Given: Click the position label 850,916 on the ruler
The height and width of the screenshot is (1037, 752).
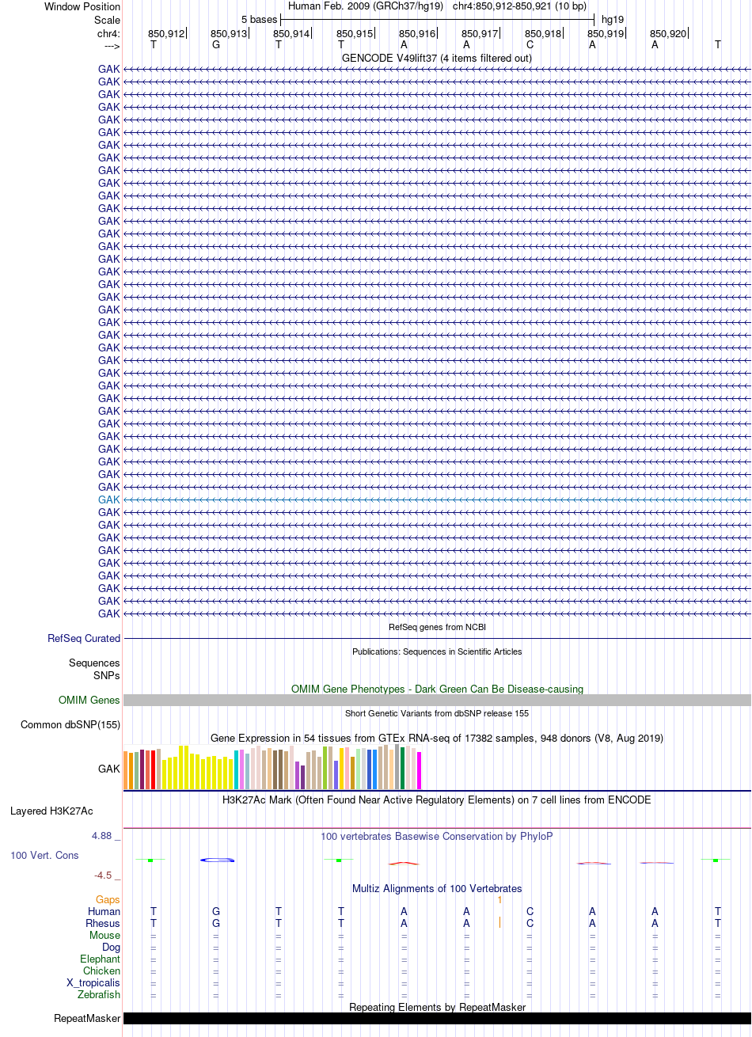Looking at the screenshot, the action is [417, 34].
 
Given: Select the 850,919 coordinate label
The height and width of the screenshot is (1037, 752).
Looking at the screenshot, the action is [606, 34].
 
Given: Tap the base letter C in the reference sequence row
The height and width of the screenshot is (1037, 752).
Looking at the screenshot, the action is [530, 45].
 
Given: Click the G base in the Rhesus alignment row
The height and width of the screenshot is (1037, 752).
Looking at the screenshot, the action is [216, 923].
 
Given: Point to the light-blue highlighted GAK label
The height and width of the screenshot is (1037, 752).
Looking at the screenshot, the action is [108, 500].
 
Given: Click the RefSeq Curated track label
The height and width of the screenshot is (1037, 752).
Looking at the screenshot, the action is [84, 638].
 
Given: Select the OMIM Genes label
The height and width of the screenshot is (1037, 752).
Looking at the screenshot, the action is [89, 700].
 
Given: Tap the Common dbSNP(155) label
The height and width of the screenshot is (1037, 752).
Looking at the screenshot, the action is [70, 725].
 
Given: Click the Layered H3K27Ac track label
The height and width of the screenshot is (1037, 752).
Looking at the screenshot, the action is [51, 811].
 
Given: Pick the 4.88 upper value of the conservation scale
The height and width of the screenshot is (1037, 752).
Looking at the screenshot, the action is [102, 836].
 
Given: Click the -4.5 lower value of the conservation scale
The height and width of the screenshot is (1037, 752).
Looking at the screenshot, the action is [103, 876].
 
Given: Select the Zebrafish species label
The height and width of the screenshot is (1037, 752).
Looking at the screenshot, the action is [99, 994].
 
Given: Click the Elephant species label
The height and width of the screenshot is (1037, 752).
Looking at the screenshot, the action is [100, 959].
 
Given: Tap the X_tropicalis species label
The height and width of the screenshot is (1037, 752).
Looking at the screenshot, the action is [93, 983].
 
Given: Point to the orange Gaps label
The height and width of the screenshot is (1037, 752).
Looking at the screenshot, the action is [108, 899].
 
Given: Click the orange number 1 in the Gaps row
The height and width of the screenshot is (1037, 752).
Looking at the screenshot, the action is [499, 899].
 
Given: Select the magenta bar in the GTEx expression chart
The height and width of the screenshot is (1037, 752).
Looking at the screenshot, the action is [419, 770].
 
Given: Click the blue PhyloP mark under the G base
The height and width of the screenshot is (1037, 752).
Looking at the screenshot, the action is [217, 860].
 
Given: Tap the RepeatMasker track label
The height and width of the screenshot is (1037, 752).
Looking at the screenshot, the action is [87, 1019].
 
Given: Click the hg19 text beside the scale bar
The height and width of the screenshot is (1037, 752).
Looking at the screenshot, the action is [613, 20].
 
